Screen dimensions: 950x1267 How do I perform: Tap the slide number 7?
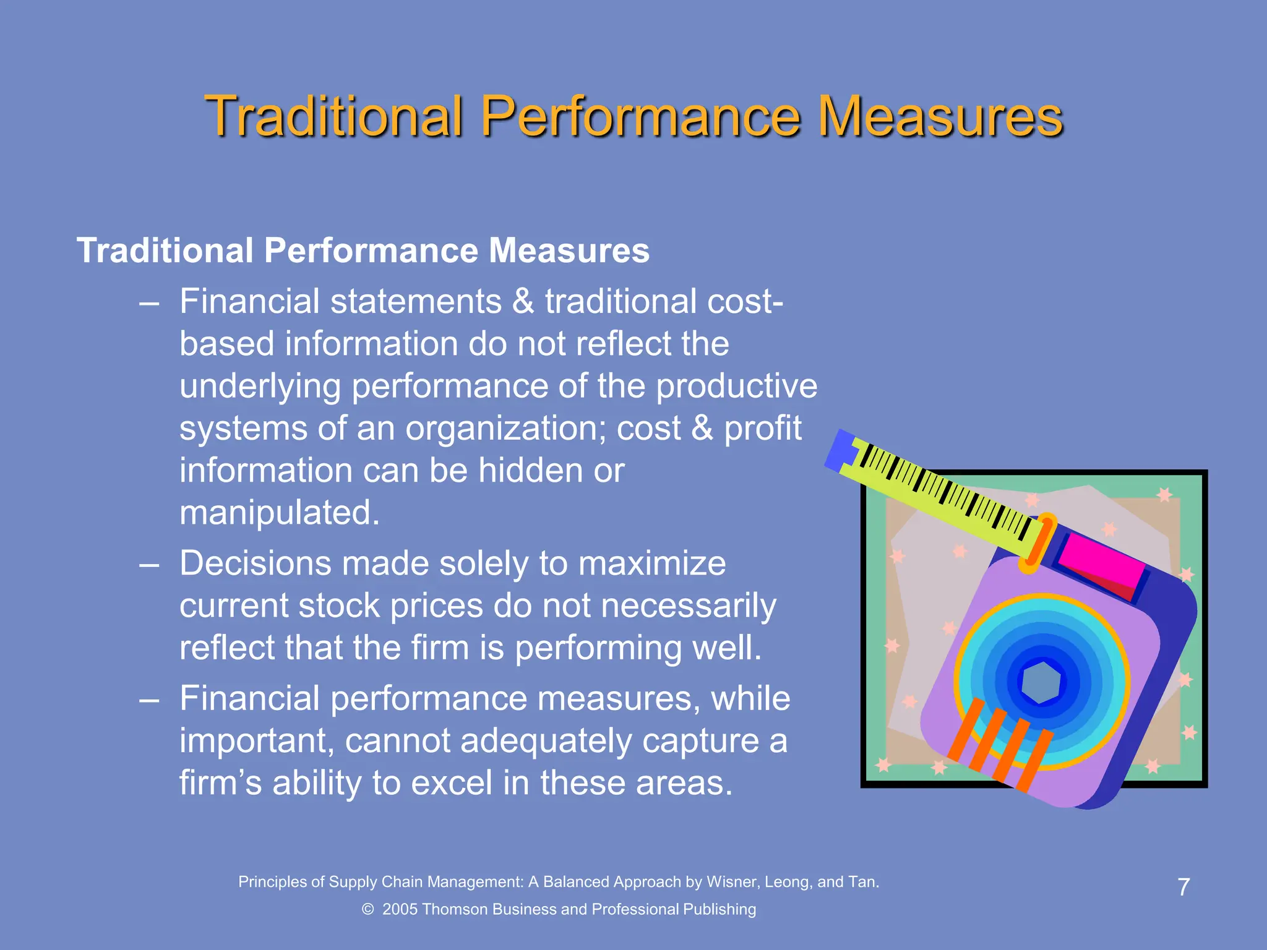click(x=1183, y=887)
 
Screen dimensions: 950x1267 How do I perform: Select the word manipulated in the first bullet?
click(x=279, y=513)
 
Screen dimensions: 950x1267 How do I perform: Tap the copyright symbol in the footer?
click(x=368, y=909)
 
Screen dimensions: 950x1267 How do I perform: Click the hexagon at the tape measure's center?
click(x=1041, y=682)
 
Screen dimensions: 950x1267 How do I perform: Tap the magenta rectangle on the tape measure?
click(x=1101, y=560)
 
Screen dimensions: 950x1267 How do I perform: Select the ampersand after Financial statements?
click(x=523, y=302)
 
